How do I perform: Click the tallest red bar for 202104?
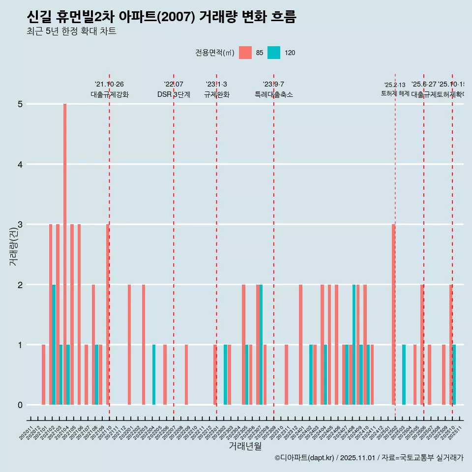coord(65,254)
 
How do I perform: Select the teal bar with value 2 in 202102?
coord(54,344)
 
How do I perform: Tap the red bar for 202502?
coord(393,315)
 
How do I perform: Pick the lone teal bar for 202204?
coord(154,375)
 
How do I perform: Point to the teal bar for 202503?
coord(404,375)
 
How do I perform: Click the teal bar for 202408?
coord(354,344)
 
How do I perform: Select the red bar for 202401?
coord(300,344)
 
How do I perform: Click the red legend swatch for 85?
coord(245,53)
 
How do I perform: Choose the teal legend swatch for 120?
coord(274,53)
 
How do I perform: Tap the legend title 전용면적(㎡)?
coord(215,53)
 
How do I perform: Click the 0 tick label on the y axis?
coord(21,405)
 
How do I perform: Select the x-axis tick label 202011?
coord(27,434)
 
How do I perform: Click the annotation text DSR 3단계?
coord(174,94)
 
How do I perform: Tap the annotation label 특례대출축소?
coord(273,94)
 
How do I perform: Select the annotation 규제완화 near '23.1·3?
coord(216,94)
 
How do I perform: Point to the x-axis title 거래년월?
coord(245,446)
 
